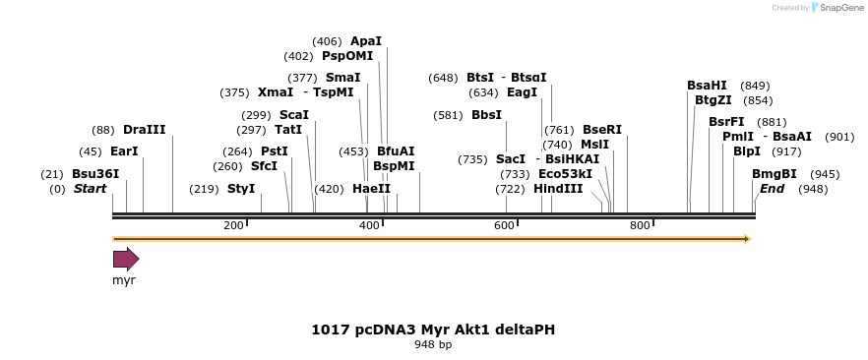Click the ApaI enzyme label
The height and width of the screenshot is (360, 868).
366,41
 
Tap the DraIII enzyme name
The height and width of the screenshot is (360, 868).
145,130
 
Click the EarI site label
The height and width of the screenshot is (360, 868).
124,151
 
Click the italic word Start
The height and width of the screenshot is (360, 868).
90,188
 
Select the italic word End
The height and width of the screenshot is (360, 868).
773,188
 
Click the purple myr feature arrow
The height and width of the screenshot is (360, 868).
126,259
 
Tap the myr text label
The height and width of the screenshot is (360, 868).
124,280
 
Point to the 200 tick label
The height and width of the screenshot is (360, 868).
233,225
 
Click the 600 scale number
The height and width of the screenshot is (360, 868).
505,225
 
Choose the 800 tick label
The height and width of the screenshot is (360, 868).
640,225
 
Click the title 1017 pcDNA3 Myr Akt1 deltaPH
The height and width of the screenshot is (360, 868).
433,330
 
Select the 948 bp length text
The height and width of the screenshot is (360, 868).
433,345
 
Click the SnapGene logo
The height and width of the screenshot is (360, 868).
834,8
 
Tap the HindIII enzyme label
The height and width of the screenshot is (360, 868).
558,188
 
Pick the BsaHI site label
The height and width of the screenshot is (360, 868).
707,86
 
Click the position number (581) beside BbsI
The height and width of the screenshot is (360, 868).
448,115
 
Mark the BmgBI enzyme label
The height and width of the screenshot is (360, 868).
775,174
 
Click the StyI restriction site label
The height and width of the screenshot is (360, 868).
241,188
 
